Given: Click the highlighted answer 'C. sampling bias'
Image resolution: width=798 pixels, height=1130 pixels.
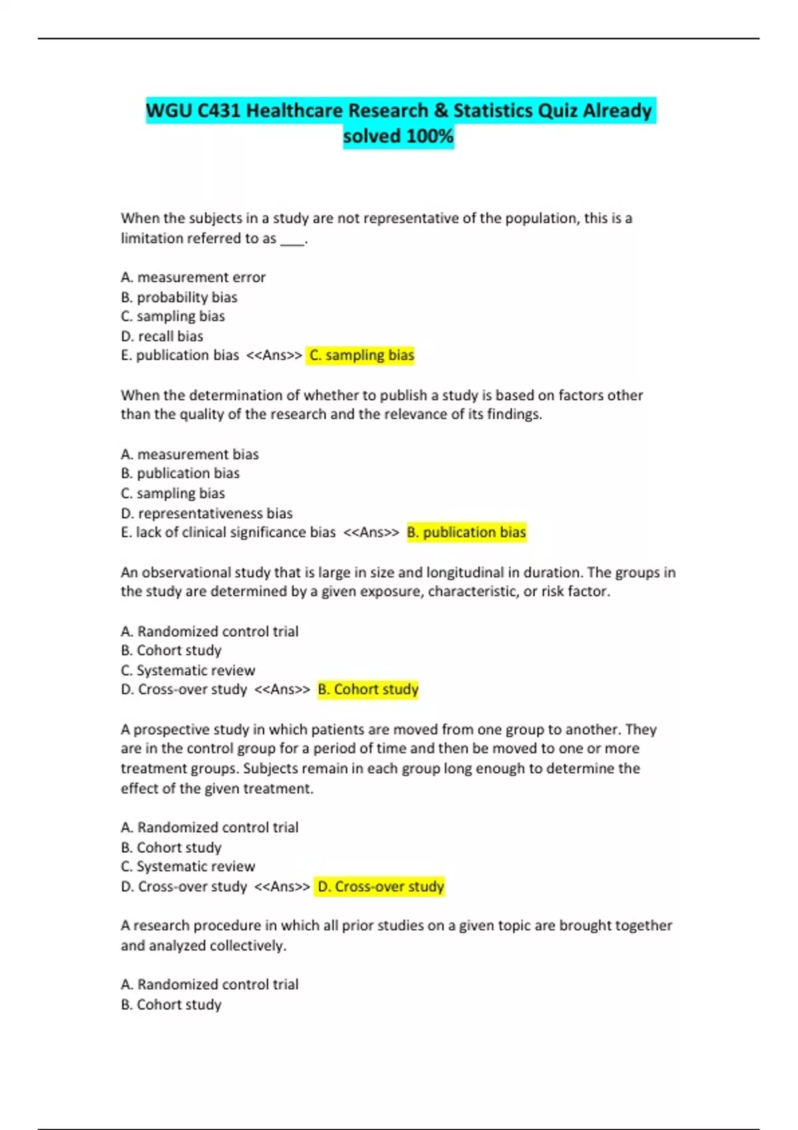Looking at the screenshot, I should [361, 356].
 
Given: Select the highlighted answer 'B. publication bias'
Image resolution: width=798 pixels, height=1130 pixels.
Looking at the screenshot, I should [466, 532].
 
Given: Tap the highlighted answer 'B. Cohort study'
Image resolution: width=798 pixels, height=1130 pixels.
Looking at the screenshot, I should [368, 689].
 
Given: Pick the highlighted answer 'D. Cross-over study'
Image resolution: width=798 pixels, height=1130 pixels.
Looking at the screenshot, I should [380, 887].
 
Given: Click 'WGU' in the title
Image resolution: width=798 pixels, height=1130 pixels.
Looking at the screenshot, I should [168, 110].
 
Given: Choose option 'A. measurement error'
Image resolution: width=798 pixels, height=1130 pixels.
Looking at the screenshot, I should [193, 277].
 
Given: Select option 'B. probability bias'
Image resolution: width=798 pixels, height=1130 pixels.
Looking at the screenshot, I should [179, 297].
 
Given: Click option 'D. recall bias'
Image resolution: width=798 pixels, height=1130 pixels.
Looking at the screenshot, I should [162, 336].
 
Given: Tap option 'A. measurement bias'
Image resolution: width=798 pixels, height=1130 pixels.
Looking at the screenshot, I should [190, 454].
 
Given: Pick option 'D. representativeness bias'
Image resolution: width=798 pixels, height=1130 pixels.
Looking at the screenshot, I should [206, 513].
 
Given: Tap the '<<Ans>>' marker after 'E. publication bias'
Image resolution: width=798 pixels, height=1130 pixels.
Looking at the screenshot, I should [274, 356].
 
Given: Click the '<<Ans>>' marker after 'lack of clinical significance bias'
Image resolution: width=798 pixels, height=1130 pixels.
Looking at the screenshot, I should [371, 532].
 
